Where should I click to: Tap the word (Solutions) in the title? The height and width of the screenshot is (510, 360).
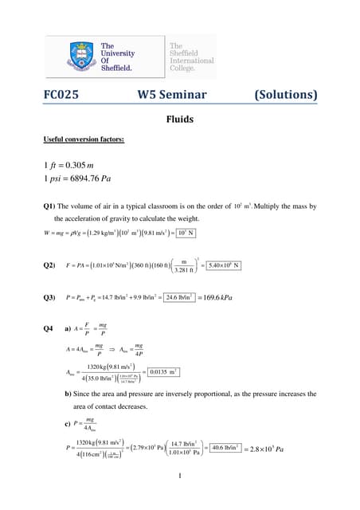pyautogui.click(x=284, y=96)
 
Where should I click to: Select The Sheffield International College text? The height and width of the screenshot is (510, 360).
pyautogui.click(x=191, y=58)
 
